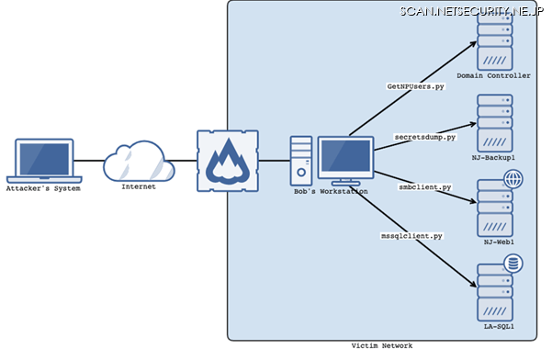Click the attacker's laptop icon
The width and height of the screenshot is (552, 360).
[x=44, y=160]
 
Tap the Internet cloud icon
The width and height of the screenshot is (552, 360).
[x=139, y=162]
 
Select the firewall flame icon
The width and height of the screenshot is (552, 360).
[x=225, y=162]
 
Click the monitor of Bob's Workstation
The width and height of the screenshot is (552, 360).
[x=345, y=158]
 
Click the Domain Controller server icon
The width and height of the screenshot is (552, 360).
[x=493, y=43]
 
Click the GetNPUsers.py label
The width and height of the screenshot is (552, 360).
[x=416, y=85]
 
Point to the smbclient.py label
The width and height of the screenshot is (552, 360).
[x=424, y=187]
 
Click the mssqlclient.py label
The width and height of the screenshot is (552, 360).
[x=411, y=236]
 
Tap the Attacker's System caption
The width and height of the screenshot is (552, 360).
[x=44, y=189]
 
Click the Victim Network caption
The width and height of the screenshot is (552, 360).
[x=382, y=345]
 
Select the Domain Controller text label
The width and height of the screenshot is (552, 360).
[x=493, y=76]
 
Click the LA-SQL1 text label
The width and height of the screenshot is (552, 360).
[x=493, y=326]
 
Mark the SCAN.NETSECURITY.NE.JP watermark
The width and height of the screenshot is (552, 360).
[x=472, y=10]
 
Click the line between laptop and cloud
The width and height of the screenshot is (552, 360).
[x=88, y=162]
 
